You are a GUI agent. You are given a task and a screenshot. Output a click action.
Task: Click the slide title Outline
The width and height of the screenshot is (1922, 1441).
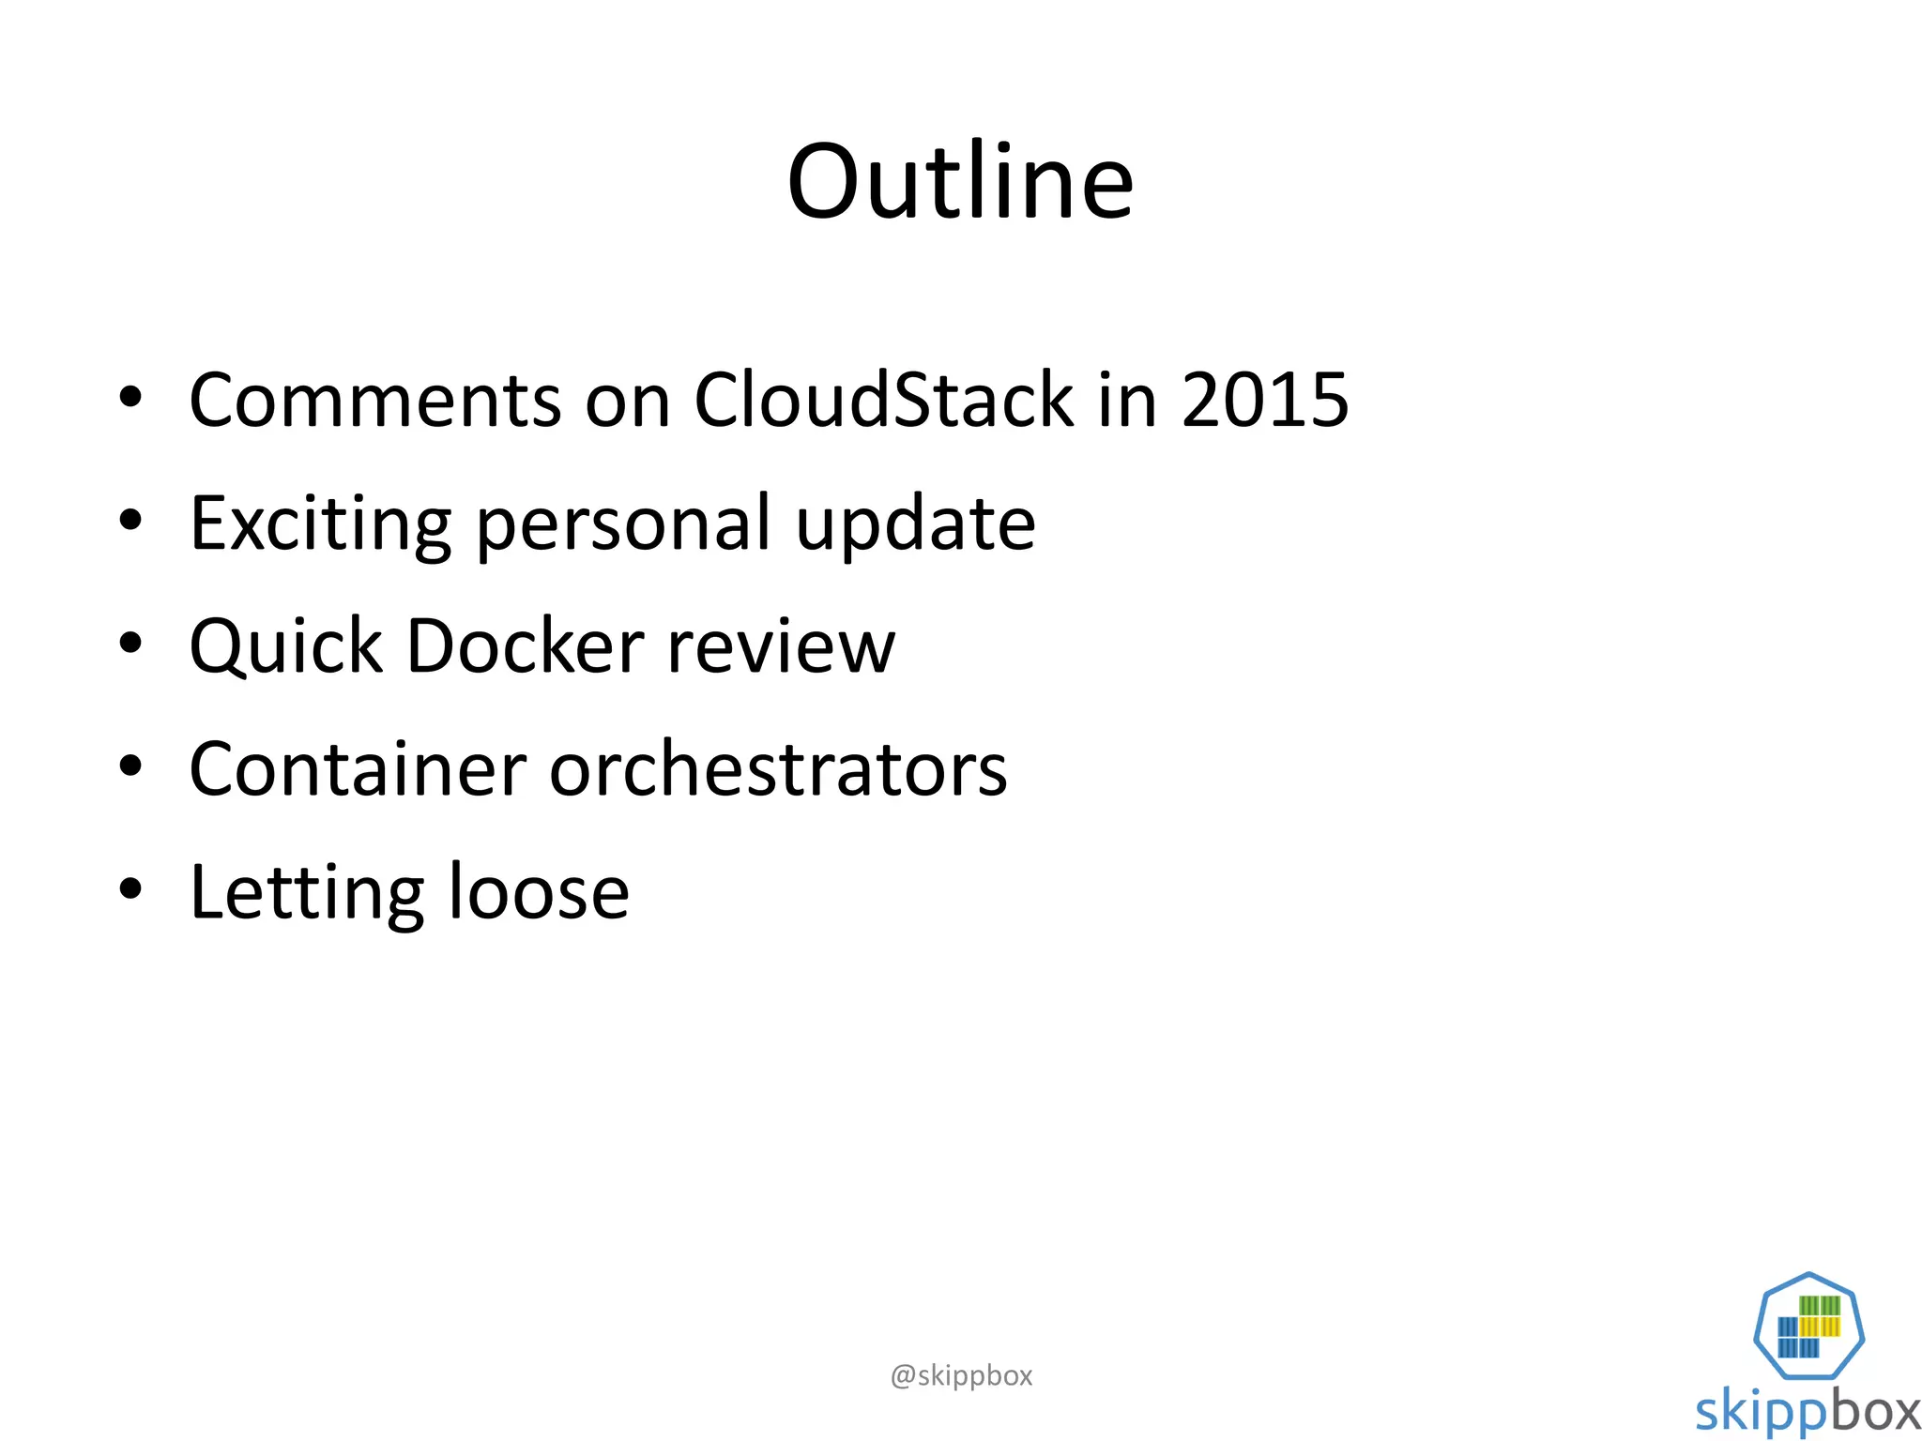click(960, 182)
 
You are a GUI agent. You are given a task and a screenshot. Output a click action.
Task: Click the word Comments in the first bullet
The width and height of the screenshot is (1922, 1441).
click(374, 401)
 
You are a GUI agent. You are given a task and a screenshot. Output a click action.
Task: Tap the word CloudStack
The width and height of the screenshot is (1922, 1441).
click(882, 401)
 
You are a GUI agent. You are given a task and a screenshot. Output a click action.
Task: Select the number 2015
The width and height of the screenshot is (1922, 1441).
click(1264, 401)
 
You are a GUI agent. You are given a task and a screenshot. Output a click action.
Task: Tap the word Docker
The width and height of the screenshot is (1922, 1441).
click(526, 647)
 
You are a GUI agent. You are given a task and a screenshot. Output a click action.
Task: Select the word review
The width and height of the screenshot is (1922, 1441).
click(781, 647)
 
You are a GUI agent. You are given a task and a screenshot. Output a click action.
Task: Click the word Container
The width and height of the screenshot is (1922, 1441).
click(358, 770)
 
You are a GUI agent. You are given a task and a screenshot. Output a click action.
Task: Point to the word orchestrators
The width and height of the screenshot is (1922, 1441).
click(778, 770)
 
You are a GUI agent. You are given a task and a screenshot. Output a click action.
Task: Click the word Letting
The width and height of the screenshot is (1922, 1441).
click(306, 894)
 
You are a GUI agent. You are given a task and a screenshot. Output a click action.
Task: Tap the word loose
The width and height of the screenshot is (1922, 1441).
click(539, 894)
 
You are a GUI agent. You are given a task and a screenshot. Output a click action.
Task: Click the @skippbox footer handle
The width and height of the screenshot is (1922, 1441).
click(961, 1375)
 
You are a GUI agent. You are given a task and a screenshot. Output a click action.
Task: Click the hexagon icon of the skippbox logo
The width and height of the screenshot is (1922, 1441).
click(1808, 1326)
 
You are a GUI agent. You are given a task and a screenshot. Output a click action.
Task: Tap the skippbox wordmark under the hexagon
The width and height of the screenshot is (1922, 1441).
click(1808, 1411)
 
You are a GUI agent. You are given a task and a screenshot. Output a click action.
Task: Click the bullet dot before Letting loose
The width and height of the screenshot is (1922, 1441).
click(130, 888)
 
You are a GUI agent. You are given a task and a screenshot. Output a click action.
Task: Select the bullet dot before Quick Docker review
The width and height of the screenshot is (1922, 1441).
click(130, 643)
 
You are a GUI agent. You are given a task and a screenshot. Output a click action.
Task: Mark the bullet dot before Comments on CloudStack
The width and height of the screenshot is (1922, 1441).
click(130, 397)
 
